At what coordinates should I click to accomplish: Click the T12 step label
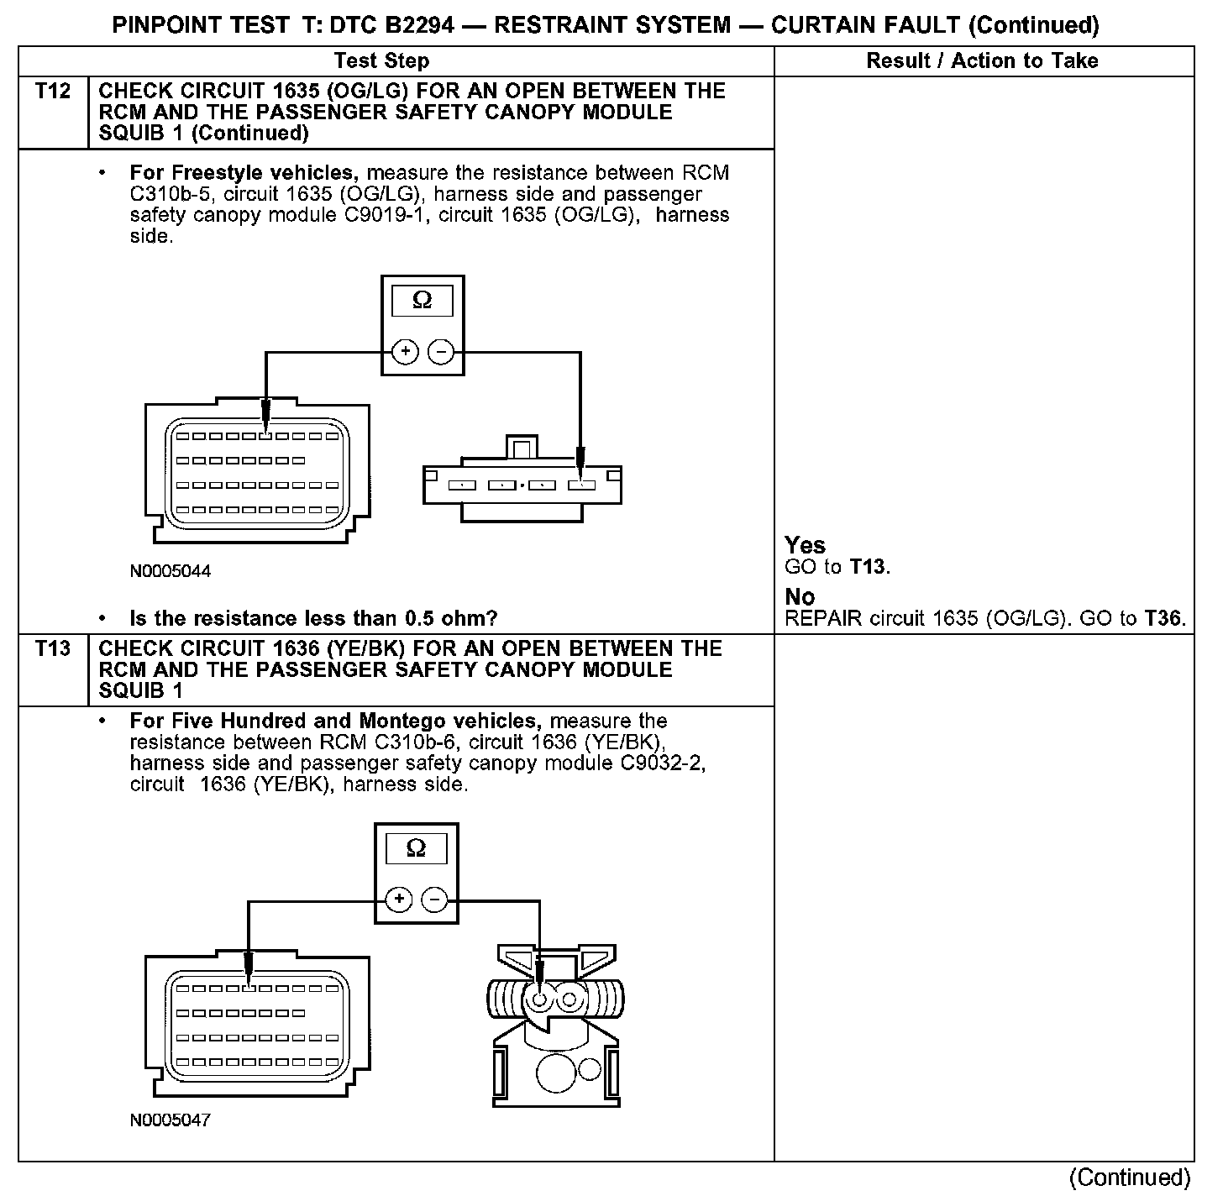[52, 91]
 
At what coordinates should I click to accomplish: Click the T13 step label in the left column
[52, 648]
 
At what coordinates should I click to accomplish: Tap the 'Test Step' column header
[381, 60]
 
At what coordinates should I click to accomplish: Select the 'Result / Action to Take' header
[982, 60]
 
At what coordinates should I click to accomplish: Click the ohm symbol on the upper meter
[422, 301]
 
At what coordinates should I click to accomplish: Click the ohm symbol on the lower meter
[416, 848]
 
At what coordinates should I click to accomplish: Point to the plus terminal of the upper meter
[405, 351]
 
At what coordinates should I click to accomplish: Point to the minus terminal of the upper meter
[441, 351]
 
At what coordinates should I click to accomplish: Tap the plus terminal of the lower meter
[398, 900]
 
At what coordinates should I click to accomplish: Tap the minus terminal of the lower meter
[434, 900]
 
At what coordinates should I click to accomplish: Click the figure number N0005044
[171, 571]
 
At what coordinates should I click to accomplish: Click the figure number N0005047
[171, 1120]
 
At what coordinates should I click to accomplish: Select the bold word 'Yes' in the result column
[805, 545]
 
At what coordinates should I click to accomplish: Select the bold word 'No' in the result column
[800, 596]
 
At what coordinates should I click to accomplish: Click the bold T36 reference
[1163, 619]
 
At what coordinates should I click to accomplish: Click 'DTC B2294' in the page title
[391, 25]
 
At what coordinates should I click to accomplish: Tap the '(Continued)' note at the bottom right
[1130, 1178]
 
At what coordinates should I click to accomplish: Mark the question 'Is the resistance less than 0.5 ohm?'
[313, 619]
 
